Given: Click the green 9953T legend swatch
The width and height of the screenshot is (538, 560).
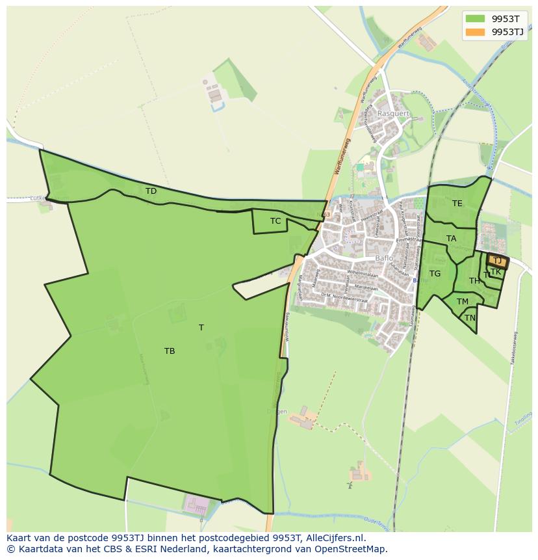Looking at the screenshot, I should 476,18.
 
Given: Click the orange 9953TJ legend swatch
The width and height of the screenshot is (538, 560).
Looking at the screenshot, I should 476,32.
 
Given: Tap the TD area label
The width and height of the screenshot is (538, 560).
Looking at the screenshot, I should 151,191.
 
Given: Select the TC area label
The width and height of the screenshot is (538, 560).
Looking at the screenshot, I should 275,221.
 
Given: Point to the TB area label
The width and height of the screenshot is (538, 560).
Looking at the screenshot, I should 170,351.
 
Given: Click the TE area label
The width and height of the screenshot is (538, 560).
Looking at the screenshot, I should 457,204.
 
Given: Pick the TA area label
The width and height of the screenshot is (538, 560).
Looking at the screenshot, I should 451,239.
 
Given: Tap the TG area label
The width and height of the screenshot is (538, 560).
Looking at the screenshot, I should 435,274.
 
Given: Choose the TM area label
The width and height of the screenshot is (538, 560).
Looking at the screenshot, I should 462,302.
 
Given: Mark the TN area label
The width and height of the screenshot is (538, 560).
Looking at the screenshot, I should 470,318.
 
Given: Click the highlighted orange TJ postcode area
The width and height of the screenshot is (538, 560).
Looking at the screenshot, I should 498,261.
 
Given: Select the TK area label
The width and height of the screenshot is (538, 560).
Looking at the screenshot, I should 496,272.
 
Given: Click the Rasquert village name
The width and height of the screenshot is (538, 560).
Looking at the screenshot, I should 394,113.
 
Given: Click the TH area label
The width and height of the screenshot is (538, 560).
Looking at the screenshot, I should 474,281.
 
